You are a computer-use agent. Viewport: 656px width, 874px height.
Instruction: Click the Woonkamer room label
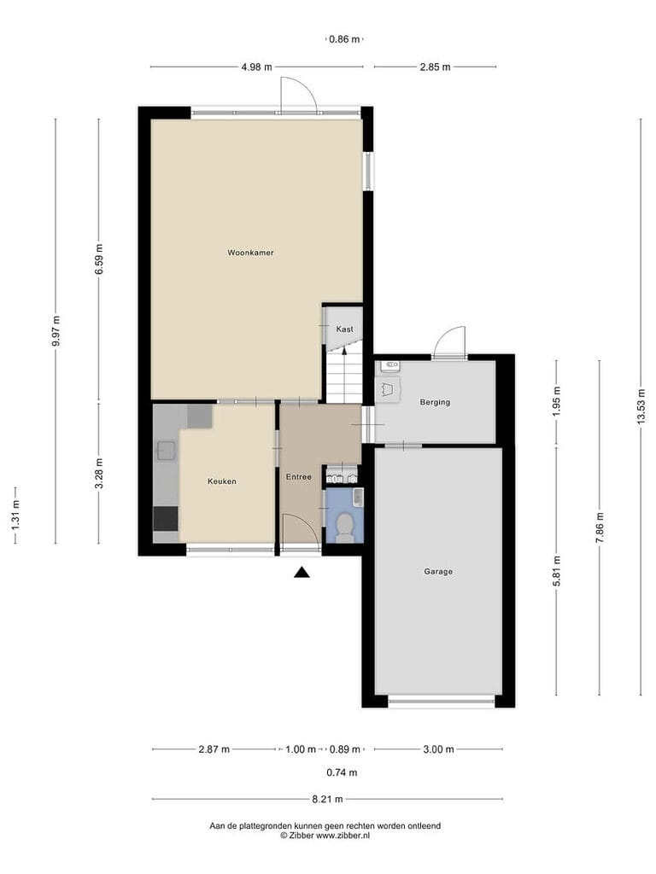click(x=250, y=253)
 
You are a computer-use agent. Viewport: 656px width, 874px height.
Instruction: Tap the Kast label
click(x=345, y=329)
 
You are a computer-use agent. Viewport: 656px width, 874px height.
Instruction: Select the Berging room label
click(x=435, y=402)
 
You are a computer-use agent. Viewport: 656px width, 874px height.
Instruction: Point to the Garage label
click(x=438, y=571)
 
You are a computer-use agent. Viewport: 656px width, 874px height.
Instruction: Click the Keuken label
click(x=222, y=481)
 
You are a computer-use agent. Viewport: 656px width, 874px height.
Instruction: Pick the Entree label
click(x=299, y=476)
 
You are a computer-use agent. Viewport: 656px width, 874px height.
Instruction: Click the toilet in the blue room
click(x=345, y=527)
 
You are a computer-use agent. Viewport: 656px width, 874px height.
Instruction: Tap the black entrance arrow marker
click(x=302, y=572)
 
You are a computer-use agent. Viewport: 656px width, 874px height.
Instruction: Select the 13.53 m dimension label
click(x=641, y=405)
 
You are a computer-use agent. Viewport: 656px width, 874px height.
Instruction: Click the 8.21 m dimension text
click(x=327, y=799)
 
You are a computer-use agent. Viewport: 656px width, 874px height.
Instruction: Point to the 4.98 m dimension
click(x=256, y=67)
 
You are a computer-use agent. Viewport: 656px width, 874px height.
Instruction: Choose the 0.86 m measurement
click(x=345, y=39)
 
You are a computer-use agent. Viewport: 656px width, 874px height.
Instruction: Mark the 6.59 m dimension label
click(x=99, y=259)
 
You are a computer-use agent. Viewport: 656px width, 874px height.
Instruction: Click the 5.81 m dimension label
click(x=556, y=571)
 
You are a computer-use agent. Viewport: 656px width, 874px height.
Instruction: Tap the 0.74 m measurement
click(x=342, y=772)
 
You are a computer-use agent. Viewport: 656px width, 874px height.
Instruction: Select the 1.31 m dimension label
click(x=15, y=515)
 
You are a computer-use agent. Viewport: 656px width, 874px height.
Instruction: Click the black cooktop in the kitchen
click(x=166, y=518)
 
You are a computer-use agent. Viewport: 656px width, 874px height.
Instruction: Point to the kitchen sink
click(x=167, y=451)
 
